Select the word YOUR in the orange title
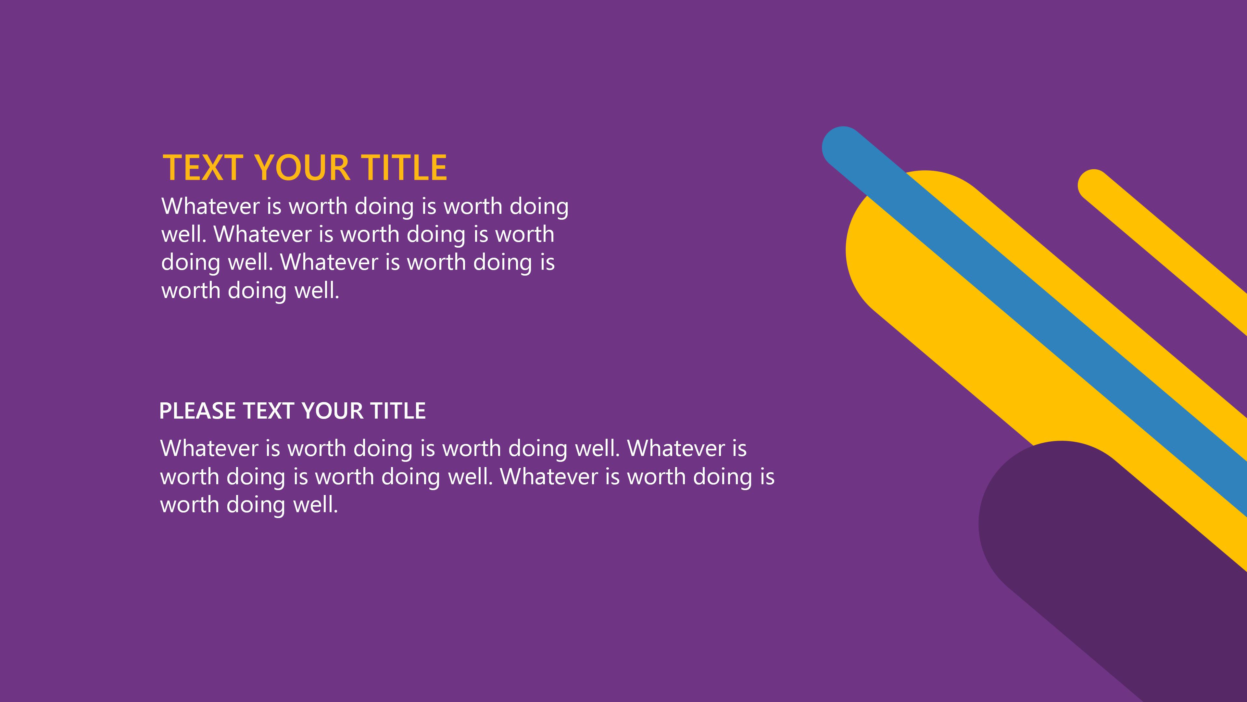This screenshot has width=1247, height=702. point(302,168)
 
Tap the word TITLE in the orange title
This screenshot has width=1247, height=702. point(404,168)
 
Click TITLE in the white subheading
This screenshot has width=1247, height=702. point(398,411)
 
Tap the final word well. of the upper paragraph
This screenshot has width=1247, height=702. point(317,290)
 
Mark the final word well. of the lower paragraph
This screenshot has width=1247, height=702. point(316,504)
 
